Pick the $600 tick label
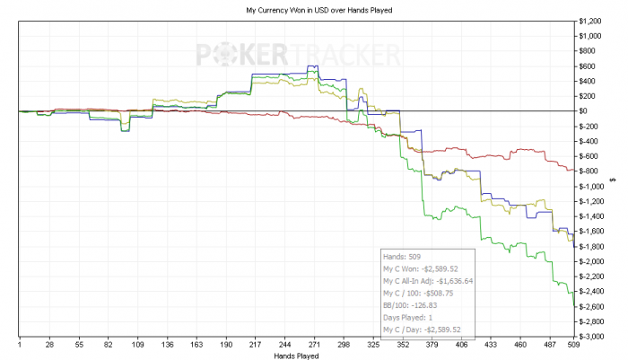[x=589, y=66]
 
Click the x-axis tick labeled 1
[x=19, y=345]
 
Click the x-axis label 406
[x=460, y=345]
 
